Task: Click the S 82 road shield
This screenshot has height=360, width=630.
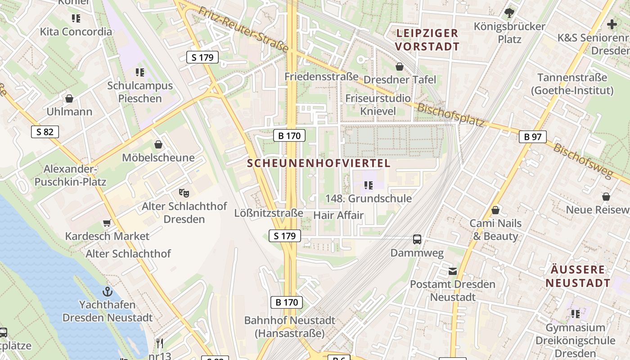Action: [x=45, y=132]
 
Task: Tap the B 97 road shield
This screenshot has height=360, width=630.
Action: [x=532, y=137]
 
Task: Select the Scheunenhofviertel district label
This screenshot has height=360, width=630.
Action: [x=319, y=163]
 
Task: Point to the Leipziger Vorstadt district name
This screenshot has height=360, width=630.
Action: [x=427, y=40]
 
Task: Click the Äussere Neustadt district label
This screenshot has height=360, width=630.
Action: [x=578, y=276]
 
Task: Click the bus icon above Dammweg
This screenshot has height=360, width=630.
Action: [x=417, y=239]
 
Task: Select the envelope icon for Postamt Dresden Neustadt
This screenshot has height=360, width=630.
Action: [x=452, y=271]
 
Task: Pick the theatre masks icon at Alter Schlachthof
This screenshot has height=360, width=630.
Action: [x=184, y=193]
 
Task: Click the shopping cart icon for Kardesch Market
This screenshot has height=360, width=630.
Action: [x=107, y=223]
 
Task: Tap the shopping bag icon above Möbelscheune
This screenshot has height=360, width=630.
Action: [x=158, y=144]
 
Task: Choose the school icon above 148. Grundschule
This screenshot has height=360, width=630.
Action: [x=369, y=185]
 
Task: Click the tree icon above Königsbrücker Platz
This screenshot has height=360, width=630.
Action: [x=509, y=13]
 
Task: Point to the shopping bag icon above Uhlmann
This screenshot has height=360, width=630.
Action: [x=69, y=99]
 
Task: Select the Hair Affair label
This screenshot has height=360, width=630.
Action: [x=338, y=215]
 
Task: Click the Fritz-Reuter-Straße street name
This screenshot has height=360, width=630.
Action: [x=243, y=29]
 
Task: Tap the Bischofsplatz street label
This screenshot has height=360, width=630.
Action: [x=450, y=115]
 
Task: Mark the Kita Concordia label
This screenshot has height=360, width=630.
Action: [x=76, y=31]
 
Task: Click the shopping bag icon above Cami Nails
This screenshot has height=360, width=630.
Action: [x=495, y=210]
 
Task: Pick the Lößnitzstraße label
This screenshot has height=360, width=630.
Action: [x=269, y=213]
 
